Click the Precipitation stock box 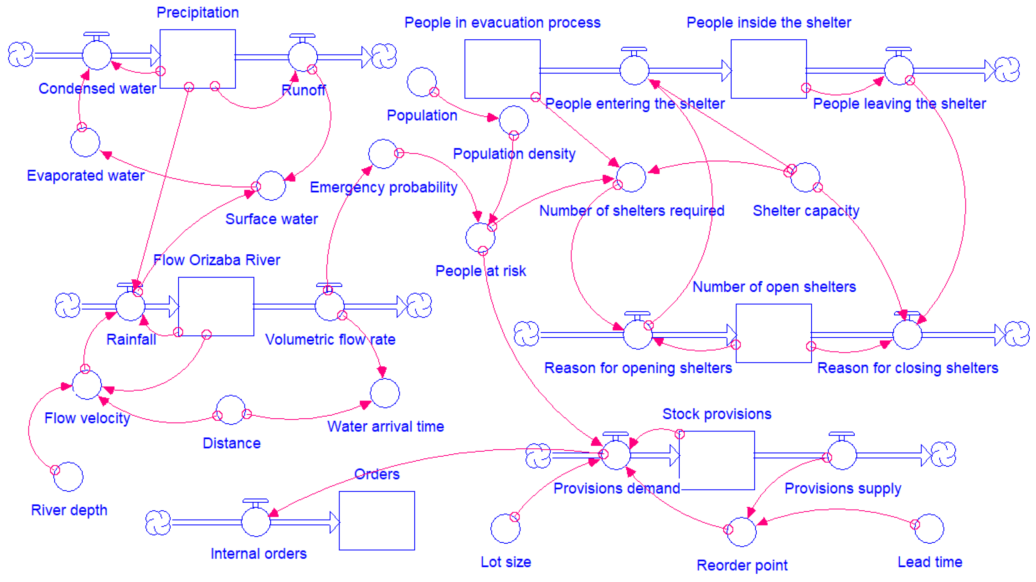[198, 59]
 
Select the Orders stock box [377, 520]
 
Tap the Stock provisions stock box [717, 460]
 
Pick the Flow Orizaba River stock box [216, 306]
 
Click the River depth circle [68, 477]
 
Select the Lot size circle [505, 528]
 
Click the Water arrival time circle [384, 393]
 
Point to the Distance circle [230, 410]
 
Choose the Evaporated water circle [85, 142]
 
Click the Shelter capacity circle [805, 177]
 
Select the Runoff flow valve [302, 57]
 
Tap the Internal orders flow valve [256, 522]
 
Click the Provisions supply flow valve [842, 455]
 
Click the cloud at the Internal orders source [158, 522]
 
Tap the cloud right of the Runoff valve [384, 56]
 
